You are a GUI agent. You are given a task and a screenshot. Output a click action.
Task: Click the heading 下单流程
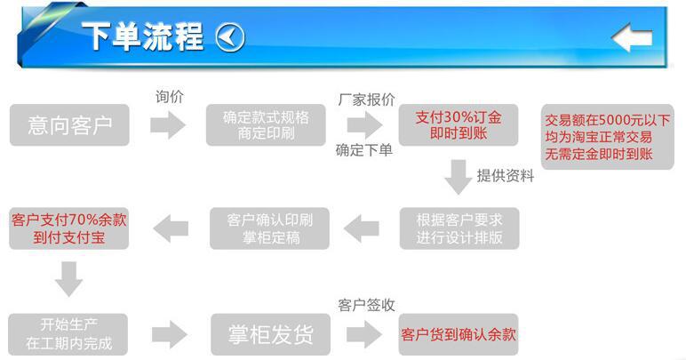tap(142, 37)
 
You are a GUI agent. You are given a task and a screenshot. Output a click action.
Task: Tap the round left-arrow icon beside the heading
tap(230, 37)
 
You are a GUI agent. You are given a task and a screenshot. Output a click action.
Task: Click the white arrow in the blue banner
tap(632, 37)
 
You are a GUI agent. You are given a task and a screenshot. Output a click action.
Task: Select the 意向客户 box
tap(69, 125)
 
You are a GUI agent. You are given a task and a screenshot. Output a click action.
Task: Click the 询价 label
tap(169, 97)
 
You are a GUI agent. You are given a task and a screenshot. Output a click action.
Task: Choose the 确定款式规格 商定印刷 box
tap(267, 125)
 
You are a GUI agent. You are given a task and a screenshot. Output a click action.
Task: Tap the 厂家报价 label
tap(366, 100)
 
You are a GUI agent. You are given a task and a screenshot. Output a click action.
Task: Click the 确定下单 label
tap(363, 149)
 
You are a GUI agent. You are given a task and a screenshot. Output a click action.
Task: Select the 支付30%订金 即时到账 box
tap(459, 125)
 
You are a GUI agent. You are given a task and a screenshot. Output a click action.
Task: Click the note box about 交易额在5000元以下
tap(608, 137)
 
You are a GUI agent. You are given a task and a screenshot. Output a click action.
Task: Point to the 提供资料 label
tap(506, 176)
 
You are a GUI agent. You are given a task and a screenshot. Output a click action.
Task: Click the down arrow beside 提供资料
tap(459, 176)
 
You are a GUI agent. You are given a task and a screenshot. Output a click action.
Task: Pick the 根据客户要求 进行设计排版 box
tap(459, 228)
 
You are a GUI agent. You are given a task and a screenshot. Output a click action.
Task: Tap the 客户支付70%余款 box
tap(69, 228)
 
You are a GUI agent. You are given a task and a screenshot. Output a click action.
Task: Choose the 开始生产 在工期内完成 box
tap(69, 334)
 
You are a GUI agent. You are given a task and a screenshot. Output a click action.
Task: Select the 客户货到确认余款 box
tap(459, 334)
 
